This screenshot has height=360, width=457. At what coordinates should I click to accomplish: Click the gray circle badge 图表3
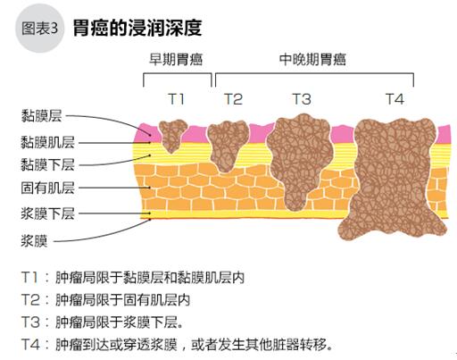point(39,29)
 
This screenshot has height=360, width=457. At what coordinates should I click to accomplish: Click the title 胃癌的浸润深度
point(137,29)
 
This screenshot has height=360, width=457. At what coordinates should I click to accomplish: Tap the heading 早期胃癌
point(176,60)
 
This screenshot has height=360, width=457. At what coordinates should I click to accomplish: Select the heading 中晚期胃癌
point(312,60)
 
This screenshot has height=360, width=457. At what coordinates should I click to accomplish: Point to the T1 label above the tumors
point(177,99)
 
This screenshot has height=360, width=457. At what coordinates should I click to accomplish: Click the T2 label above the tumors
point(233,99)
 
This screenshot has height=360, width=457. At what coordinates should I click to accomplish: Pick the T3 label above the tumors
point(302,99)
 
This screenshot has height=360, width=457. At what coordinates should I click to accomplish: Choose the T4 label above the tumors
point(395,99)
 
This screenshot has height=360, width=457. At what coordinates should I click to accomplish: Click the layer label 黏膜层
point(41,116)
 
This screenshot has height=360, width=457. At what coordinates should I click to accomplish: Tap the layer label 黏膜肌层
point(47,142)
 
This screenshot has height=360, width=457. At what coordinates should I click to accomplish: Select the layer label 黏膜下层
point(47,164)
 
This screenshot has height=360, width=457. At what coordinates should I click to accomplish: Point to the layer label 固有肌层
point(47,188)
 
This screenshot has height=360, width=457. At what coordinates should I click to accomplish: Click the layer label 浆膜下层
point(47,213)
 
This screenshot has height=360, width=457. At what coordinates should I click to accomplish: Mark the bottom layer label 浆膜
point(34,241)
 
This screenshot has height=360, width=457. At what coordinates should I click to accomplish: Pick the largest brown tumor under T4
point(393,179)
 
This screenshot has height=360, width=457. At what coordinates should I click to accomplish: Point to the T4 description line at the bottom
point(177,345)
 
